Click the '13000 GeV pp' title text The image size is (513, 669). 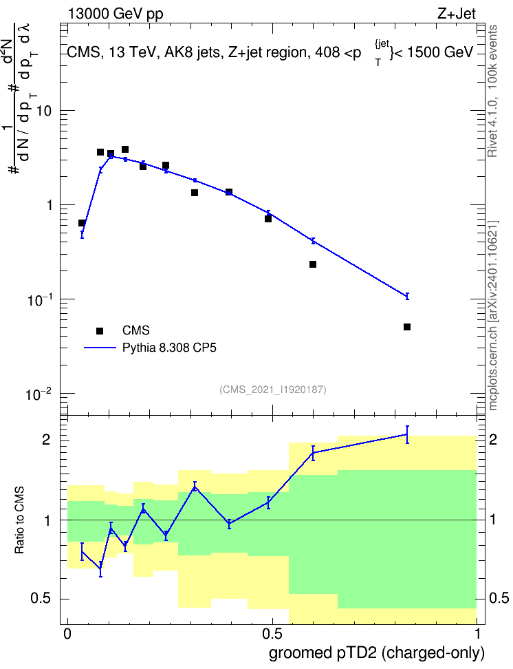click(115, 14)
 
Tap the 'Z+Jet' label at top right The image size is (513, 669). click(457, 14)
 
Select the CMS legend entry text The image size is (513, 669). click(135, 330)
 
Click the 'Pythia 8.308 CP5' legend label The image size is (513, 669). click(169, 348)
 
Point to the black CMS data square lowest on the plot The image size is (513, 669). click(407, 327)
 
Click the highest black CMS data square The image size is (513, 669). click(125, 149)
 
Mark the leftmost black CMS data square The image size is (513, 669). click(82, 223)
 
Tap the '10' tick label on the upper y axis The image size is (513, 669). click(43, 111)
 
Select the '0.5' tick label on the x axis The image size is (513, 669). click(272, 634)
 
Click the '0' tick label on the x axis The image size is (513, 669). click(67, 634)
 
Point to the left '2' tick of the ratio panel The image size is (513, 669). click(46, 439)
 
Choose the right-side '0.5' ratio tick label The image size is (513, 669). click(499, 598)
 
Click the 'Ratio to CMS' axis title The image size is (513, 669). click(19, 520)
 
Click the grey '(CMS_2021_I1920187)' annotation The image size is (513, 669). click(273, 390)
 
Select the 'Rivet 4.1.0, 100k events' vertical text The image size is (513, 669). click(492, 91)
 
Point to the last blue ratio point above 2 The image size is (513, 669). click(407, 435)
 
